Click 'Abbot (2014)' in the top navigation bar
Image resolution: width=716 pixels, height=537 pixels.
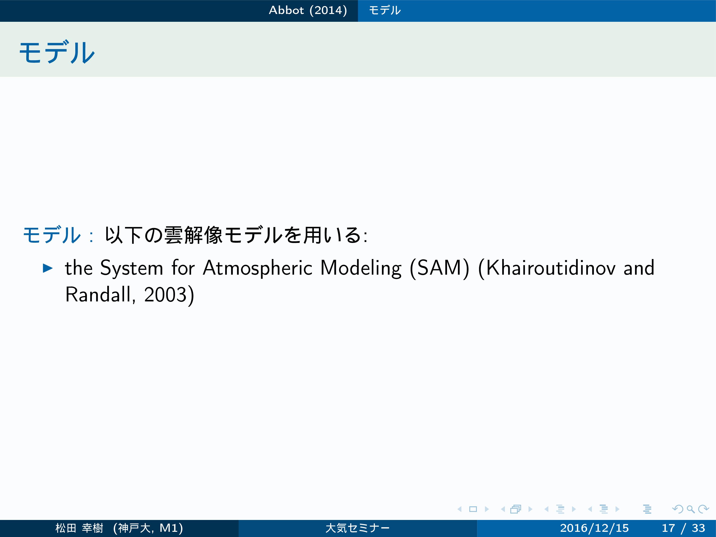tap(308, 10)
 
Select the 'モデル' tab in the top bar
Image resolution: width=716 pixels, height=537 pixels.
tap(385, 10)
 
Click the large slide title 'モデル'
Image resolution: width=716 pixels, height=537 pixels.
tap(57, 52)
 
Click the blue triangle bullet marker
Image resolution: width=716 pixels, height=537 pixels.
tap(48, 268)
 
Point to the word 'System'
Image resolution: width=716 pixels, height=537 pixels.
tap(132, 268)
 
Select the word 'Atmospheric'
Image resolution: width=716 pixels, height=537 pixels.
tap(258, 268)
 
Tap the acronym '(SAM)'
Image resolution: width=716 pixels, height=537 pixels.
tap(439, 268)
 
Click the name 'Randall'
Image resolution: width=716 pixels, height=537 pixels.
tap(98, 294)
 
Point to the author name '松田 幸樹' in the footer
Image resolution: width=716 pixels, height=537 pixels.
tap(79, 528)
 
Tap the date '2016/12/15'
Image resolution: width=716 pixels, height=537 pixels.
tap(594, 528)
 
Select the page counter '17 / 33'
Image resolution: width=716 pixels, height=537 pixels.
tap(683, 528)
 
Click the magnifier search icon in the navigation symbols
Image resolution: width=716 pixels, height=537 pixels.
tap(690, 509)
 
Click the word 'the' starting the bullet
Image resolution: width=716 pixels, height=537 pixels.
tap(79, 268)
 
